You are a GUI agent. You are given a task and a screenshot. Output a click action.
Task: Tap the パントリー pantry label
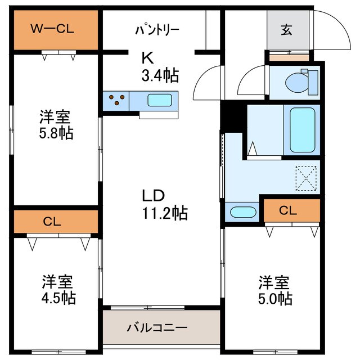pyautogui.click(x=157, y=29)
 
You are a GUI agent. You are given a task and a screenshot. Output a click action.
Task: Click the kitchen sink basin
pyautogui.click(x=161, y=100)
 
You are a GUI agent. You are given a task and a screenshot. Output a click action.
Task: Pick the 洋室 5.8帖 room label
pyautogui.click(x=55, y=125)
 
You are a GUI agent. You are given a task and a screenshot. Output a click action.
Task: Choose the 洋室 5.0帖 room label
pyautogui.click(x=274, y=289)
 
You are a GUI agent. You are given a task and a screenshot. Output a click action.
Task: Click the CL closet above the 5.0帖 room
pyautogui.click(x=288, y=211)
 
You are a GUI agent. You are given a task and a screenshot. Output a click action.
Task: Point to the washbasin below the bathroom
pyautogui.click(x=242, y=213)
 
